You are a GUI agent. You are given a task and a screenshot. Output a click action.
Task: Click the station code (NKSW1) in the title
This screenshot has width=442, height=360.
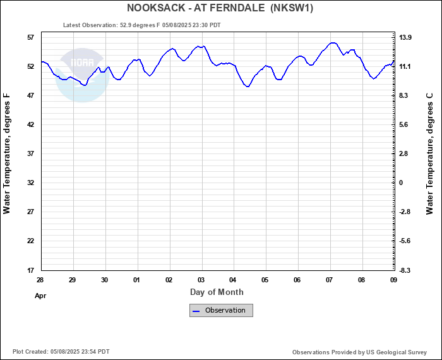point(292,8)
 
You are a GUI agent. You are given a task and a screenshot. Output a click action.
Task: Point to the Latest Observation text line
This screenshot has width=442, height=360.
point(142,25)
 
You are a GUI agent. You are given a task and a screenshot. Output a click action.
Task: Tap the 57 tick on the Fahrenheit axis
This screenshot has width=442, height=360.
point(30,37)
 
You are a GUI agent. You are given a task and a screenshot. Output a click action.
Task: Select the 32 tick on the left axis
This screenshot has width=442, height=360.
point(30,183)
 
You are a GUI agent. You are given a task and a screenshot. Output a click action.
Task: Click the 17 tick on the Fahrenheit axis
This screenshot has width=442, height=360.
point(30,270)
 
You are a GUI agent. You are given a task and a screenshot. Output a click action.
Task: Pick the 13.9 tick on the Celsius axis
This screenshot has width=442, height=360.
point(405,37)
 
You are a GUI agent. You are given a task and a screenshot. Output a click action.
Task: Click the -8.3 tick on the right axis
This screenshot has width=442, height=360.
point(405,270)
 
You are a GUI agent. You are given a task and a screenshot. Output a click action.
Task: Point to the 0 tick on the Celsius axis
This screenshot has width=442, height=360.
point(400,183)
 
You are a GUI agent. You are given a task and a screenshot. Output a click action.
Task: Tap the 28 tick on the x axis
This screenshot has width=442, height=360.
point(40,279)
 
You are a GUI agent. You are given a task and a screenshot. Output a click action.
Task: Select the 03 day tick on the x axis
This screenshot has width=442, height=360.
point(201,279)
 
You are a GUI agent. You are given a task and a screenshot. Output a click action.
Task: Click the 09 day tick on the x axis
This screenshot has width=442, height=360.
point(393,279)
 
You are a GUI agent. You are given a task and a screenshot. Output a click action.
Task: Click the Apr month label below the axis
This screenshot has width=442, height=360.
point(40,295)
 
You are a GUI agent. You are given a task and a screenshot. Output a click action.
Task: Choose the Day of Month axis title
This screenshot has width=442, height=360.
point(217,292)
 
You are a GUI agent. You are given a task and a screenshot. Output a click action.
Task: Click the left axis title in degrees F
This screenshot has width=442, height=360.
point(7,153)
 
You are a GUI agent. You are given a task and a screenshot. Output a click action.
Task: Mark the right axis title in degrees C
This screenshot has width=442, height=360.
point(430,153)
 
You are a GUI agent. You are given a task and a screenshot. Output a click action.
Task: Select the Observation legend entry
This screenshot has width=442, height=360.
point(221,310)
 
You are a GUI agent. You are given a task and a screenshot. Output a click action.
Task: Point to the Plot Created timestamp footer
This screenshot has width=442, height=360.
point(61,352)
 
